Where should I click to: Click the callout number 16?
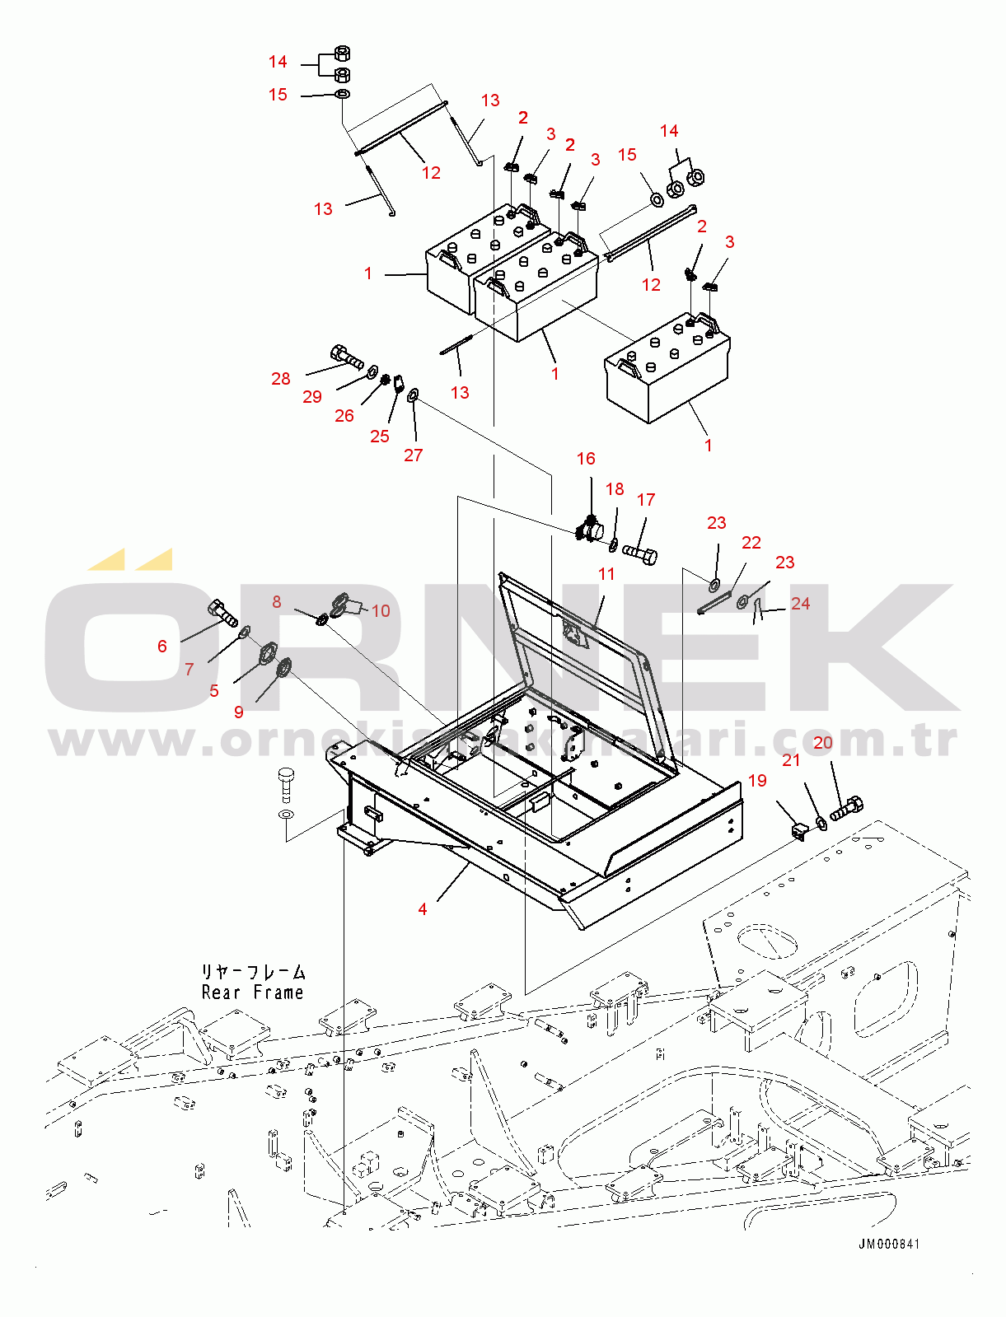pos(585,459)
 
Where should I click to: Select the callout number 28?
pos(281,379)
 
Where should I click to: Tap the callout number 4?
pos(423,909)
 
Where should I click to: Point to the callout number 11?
pos(606,574)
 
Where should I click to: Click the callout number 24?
pos(800,604)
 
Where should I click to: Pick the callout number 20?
pos(822,743)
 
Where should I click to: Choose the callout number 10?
pos(381,611)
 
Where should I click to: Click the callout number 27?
pos(414,455)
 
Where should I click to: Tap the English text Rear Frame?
pos(253,992)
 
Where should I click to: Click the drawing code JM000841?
pos(889,1245)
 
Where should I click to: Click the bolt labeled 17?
pos(640,553)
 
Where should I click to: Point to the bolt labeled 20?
pos(846,808)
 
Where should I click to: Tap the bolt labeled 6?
pos(222,613)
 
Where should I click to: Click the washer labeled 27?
pos(413,397)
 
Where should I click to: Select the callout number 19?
pos(757,781)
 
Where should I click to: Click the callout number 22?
pos(751,543)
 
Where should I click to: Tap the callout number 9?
pos(239,712)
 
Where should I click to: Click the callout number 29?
pos(312,397)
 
